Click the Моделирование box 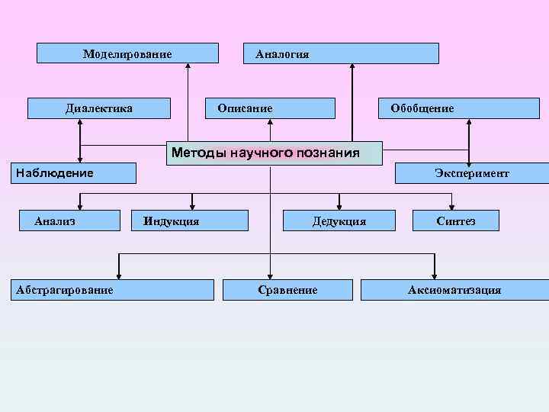click(128, 53)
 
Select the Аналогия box click(340, 53)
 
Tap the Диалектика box click(99, 108)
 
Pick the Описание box click(271, 108)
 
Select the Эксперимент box click(471, 173)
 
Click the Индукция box click(190, 221)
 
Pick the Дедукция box click(339, 221)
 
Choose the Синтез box click(456, 221)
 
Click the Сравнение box click(287, 290)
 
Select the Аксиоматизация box click(454, 290)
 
